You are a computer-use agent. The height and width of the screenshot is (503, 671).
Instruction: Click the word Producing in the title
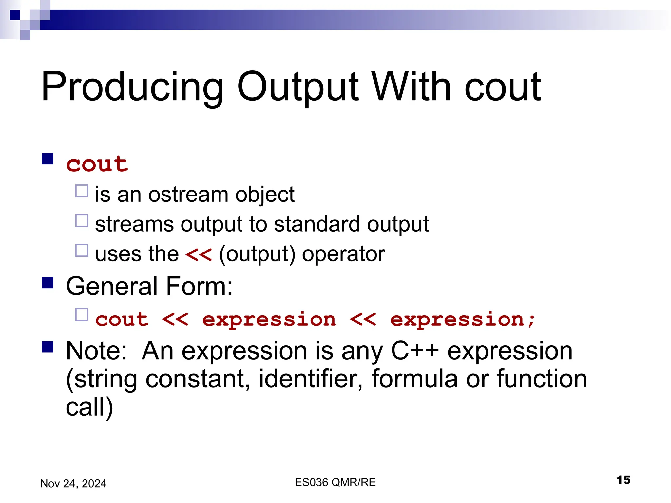click(x=132, y=87)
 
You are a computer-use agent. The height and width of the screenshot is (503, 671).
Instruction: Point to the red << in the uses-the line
click(x=199, y=254)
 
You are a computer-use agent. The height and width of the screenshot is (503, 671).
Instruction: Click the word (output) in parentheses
click(x=257, y=254)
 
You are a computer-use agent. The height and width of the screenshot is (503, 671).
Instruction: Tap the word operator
click(x=343, y=254)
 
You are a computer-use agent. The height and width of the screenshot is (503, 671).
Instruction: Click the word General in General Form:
click(x=112, y=286)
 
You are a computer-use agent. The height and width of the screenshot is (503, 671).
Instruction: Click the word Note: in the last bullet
click(x=96, y=350)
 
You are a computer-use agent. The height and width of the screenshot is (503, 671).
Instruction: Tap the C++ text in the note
click(x=414, y=350)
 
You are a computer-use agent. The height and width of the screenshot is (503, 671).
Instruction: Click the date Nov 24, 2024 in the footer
click(x=73, y=483)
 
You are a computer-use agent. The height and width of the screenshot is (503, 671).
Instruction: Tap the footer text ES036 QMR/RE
click(x=335, y=482)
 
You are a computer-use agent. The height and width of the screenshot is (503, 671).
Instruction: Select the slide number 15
click(x=623, y=480)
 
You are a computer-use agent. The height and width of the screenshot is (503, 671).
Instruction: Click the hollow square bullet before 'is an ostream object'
click(x=82, y=191)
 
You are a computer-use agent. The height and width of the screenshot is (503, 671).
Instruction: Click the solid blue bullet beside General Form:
click(x=48, y=282)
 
